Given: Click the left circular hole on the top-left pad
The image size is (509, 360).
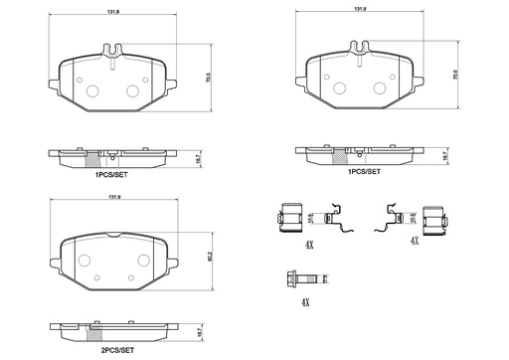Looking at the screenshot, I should click(x=92, y=90).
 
